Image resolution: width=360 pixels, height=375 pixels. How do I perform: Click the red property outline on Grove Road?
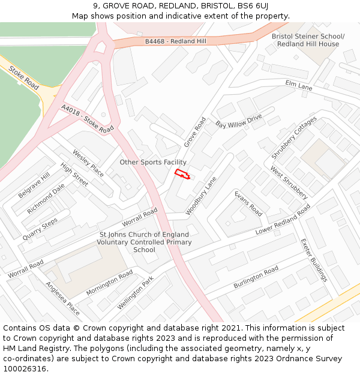click(182, 175)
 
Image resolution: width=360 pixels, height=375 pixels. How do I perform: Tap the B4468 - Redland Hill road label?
click(175, 41)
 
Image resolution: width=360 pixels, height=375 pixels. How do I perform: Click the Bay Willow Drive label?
click(239, 121)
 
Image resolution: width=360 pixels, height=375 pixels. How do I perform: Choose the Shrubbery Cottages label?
click(294, 138)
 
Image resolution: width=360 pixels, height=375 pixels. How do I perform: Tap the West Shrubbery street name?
click(289, 182)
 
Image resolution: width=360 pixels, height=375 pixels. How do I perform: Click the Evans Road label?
click(248, 203)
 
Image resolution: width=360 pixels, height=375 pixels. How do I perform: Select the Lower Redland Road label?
click(283, 220)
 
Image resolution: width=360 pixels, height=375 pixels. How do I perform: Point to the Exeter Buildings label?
click(314, 260)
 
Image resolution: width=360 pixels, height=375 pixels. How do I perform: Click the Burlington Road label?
click(256, 277)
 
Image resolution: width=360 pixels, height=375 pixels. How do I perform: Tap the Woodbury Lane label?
click(201, 195)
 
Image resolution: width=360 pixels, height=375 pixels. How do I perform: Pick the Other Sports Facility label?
click(153, 162)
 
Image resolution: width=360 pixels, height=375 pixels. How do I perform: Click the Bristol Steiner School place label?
click(308, 40)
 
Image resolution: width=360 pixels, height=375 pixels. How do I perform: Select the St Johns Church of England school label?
click(144, 242)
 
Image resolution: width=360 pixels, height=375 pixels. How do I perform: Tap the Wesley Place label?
click(88, 163)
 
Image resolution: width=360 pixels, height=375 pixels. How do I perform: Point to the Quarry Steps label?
click(40, 229)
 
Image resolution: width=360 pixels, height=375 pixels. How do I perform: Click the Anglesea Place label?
click(62, 298)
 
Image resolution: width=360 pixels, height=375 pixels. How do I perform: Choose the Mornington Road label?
click(109, 283)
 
